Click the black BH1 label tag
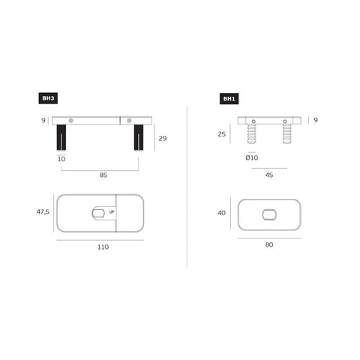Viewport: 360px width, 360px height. point(229,98)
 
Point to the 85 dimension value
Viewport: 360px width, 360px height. point(103,175)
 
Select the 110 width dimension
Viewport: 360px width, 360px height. point(102,246)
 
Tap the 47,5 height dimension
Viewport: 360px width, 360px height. point(43,212)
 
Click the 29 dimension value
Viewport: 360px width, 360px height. point(161,137)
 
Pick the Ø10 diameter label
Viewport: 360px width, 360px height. point(251,157)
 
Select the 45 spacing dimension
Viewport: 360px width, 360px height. point(269,176)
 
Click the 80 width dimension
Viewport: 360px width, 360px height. point(269,244)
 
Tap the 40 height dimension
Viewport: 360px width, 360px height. point(221,213)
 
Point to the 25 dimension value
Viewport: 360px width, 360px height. point(221,135)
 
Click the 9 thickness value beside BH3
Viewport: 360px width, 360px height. point(43,120)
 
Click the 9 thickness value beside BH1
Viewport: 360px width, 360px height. point(316,120)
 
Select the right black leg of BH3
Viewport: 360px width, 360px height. point(139,138)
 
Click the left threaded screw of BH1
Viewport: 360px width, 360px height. point(254,135)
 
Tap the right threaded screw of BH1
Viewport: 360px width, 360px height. point(286,135)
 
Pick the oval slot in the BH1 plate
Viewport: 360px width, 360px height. point(269,214)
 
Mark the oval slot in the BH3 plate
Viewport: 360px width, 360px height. point(98,214)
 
